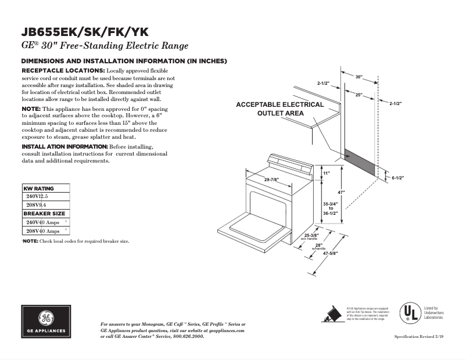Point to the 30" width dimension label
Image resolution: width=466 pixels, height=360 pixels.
tap(359, 77)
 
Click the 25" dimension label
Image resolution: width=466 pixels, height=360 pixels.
tap(359, 94)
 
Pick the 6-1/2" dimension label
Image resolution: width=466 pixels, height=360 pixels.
tap(397, 178)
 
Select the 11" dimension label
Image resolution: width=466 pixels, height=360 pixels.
tap(326, 173)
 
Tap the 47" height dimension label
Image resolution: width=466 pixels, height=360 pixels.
tap(342, 192)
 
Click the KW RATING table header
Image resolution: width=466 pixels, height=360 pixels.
tap(38, 189)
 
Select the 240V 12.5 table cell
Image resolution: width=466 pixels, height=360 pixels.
tap(35, 197)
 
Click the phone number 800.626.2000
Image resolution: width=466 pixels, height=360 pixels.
tap(189, 336)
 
